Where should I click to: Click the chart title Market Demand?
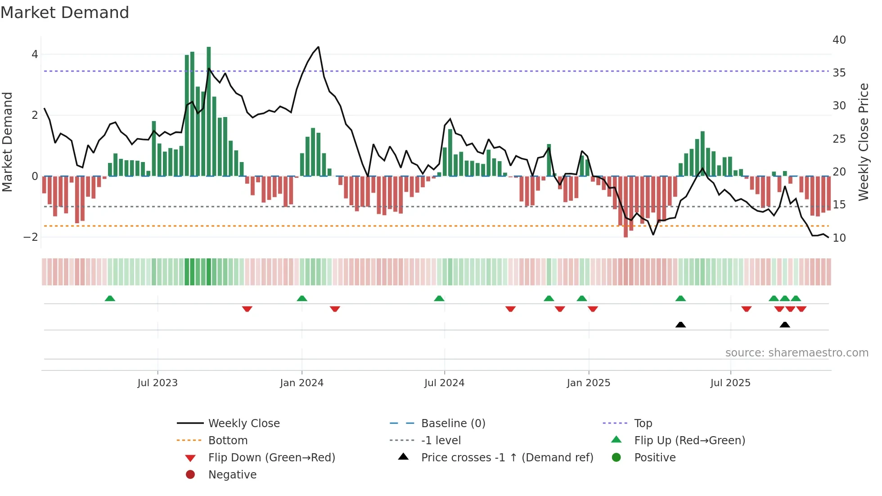[x=65, y=13]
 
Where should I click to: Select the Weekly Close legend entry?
[x=243, y=424]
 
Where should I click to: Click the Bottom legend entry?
[x=228, y=441]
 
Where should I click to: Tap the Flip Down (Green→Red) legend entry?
[x=271, y=458]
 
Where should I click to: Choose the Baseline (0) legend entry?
[x=453, y=424]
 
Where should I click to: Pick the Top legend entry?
[x=643, y=424]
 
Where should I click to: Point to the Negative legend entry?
[x=232, y=475]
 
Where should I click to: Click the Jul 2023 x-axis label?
[x=157, y=383]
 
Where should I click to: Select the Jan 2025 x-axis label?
[x=588, y=383]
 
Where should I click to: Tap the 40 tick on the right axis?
[x=839, y=40]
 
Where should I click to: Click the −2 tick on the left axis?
[x=31, y=237]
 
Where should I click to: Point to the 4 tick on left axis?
[x=35, y=54]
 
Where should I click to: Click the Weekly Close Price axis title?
[x=863, y=142]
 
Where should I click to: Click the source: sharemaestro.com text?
[x=796, y=353]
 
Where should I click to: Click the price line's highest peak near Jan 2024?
[x=319, y=47]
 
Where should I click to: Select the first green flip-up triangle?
[x=110, y=298]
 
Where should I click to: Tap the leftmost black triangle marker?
[x=680, y=325]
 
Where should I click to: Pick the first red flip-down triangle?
[x=247, y=309]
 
